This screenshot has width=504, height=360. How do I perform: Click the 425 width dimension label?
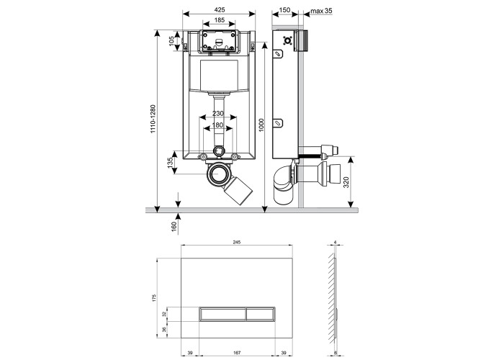tap(220, 10)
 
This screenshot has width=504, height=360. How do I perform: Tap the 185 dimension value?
tap(220, 20)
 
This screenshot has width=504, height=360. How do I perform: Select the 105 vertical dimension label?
tap(171, 41)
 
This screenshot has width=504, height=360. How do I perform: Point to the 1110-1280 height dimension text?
tap(153, 120)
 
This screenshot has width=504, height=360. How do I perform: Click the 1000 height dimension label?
tap(261, 125)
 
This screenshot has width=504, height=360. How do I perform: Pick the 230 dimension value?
tap(218, 114)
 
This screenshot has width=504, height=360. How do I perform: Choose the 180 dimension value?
tap(218, 125)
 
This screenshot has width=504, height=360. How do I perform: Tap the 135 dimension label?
tap(171, 161)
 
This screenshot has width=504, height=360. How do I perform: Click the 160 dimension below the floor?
tap(174, 226)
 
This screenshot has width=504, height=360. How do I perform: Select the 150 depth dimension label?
tap(284, 10)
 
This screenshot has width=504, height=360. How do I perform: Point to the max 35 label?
tap(321, 11)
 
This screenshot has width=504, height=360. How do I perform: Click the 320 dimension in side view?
tap(346, 182)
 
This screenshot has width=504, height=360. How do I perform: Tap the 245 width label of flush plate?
tap(237, 242)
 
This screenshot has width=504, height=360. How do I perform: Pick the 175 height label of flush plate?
tap(154, 297)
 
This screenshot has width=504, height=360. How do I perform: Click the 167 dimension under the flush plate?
tap(237, 353)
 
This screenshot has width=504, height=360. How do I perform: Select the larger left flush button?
tap(222, 314)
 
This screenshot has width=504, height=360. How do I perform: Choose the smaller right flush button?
tap(261, 314)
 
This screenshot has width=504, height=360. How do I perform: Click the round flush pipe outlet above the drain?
tap(219, 150)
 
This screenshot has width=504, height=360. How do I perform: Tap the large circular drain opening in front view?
tap(219, 174)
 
